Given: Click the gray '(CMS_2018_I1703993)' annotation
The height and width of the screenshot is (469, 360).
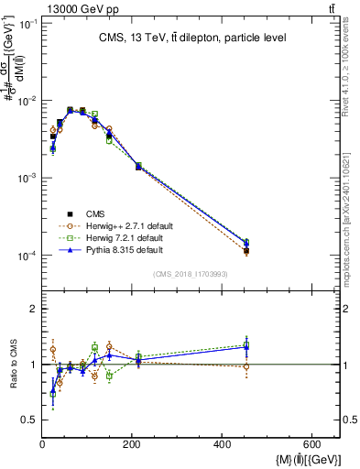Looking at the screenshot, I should click(191, 273).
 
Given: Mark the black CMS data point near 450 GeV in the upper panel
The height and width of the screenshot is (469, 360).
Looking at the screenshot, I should click(246, 250).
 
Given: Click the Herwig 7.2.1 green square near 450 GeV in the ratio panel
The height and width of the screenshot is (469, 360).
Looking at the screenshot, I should click(246, 345).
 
